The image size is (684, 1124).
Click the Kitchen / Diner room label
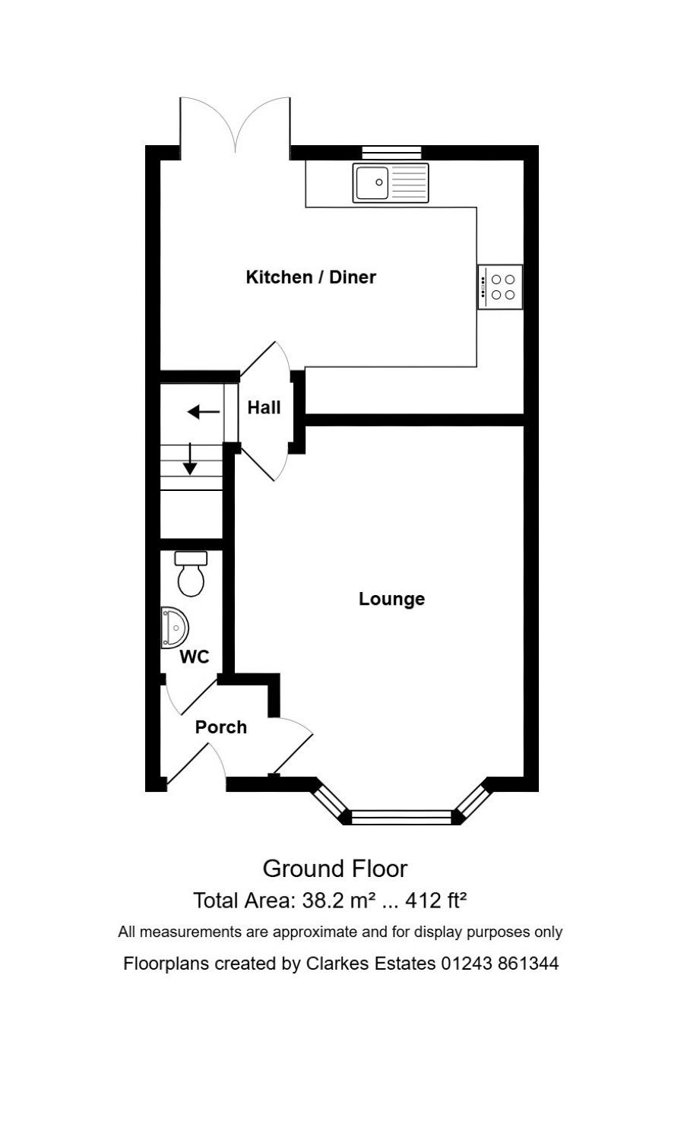(x=311, y=277)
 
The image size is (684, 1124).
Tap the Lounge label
(x=391, y=599)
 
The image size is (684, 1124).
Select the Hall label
(x=264, y=407)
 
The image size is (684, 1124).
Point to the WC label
(x=195, y=657)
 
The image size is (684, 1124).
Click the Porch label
(x=221, y=727)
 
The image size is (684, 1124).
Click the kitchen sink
(x=391, y=182)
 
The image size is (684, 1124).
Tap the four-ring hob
(x=500, y=287)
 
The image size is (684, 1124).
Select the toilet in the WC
(x=192, y=574)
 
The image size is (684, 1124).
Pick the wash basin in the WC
(x=174, y=627)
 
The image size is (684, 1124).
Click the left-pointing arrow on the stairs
(x=203, y=413)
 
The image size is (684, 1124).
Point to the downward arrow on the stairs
(x=190, y=458)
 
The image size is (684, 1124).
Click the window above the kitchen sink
(x=391, y=152)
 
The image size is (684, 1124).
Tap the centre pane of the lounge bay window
(x=402, y=818)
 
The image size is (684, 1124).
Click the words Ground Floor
(x=334, y=869)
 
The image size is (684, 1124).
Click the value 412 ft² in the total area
(x=436, y=901)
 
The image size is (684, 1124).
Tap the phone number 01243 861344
(x=500, y=964)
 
